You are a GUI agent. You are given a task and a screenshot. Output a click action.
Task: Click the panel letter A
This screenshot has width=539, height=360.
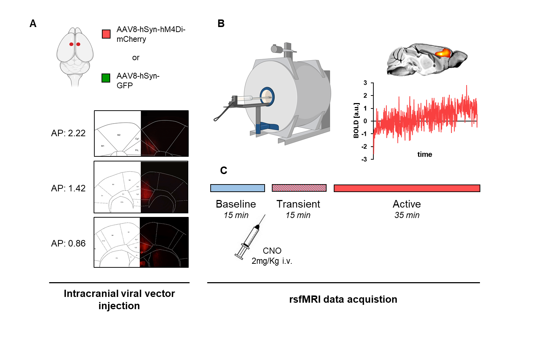tap(33, 24)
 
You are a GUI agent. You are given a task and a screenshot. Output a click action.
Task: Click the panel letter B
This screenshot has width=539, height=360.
tap(221, 24)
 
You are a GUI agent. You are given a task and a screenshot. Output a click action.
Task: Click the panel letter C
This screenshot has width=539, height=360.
tap(224, 170)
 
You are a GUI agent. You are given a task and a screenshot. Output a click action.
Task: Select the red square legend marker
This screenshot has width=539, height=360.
tap(106, 34)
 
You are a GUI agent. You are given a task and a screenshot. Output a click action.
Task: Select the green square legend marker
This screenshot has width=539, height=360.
tap(106, 78)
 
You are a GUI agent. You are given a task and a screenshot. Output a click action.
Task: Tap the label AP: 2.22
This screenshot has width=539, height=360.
tap(68, 133)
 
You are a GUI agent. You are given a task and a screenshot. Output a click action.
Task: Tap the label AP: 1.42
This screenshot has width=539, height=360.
tap(68, 188)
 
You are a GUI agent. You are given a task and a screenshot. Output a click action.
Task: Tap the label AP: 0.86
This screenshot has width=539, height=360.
tap(68, 244)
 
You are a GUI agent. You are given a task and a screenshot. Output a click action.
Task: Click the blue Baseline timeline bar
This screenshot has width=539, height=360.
tap(237, 188)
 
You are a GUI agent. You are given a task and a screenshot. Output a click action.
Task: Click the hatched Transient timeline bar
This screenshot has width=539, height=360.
tap(299, 188)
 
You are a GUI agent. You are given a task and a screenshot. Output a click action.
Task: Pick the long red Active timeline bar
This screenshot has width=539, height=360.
tap(407, 188)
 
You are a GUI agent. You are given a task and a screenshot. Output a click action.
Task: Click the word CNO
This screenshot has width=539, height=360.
tap(272, 251)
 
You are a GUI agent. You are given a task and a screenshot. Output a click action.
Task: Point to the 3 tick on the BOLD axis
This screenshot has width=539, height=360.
tap(365, 83)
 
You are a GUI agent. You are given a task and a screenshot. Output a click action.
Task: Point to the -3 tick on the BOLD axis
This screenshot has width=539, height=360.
tap(364, 159)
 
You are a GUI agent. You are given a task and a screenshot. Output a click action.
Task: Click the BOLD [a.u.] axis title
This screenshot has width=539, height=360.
tap(356, 121)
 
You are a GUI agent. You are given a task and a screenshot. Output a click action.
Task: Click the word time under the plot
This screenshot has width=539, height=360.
tap(425, 155)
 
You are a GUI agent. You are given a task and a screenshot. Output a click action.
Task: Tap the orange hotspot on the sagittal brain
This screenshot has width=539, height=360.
tap(443, 53)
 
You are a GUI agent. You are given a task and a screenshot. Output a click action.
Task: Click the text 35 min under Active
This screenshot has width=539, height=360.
tap(407, 215)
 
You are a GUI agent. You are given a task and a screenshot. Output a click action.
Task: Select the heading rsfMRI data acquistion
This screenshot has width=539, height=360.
tap(343, 299)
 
